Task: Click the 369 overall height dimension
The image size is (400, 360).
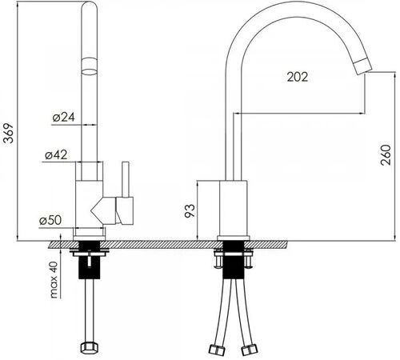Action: click(9, 134)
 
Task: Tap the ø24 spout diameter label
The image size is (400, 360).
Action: click(64, 117)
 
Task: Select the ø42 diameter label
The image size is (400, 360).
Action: click(56, 154)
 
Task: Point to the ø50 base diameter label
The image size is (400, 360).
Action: click(50, 220)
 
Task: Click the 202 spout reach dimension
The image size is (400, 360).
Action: click(298, 77)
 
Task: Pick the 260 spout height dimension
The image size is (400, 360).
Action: click(386, 155)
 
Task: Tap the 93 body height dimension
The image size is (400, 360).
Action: click(190, 211)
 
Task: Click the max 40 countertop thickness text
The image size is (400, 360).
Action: click(54, 279)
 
